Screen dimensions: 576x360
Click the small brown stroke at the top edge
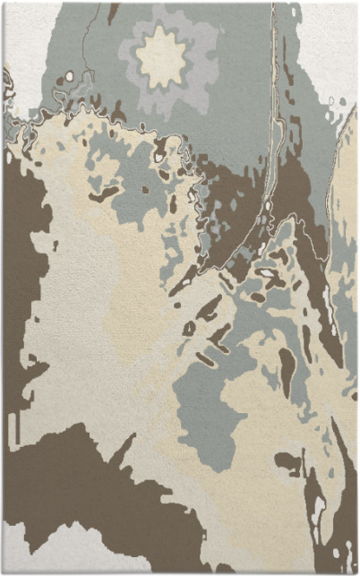pos(113,11)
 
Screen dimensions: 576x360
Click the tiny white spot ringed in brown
pos(159,158)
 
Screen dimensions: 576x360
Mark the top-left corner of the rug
pos(4,4)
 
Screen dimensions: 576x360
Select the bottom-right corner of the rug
pos(356,572)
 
